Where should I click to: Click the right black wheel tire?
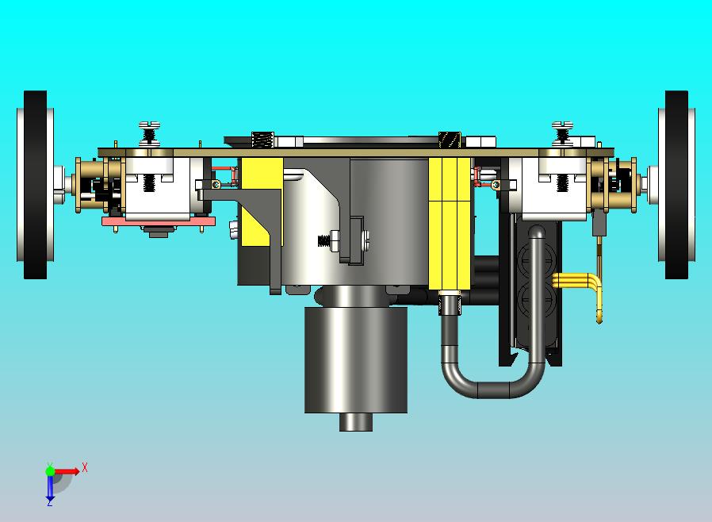pos(676,184)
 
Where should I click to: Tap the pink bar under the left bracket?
pos(158,221)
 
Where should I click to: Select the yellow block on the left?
pos(262,202)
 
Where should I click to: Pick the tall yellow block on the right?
pos(450,222)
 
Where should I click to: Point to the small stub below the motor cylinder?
pos(356,422)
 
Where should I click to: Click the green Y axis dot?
pos(50,470)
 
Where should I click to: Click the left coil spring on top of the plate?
pos(262,139)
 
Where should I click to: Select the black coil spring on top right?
pos(450,139)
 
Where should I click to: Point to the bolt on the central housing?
pos(327,239)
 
